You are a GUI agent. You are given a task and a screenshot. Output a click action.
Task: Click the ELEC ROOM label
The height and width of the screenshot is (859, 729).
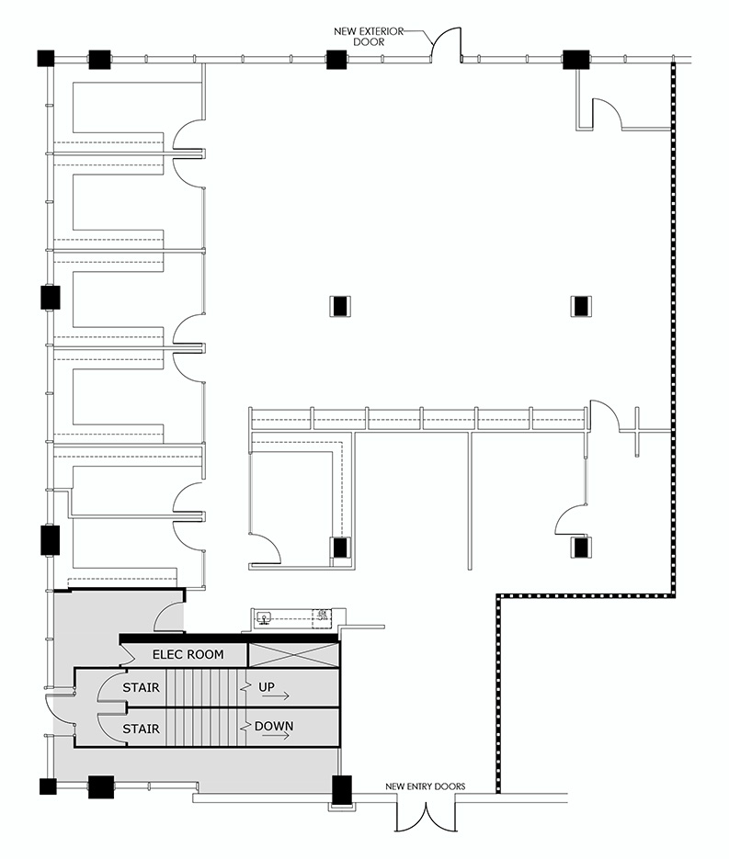pos(188,654)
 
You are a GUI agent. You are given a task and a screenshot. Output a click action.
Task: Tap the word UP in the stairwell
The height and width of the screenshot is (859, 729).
pos(267,686)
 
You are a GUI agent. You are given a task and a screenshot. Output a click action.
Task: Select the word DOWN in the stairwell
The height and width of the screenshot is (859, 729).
pos(274,727)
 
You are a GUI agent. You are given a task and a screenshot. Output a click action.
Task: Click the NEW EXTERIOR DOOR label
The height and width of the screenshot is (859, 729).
pos(368,36)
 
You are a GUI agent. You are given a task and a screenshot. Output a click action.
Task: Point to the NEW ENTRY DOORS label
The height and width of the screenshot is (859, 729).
pos(426,786)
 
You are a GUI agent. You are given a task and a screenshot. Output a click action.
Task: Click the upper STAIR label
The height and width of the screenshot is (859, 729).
pos(141,687)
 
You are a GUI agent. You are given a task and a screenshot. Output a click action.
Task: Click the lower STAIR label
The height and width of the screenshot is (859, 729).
pos(141,729)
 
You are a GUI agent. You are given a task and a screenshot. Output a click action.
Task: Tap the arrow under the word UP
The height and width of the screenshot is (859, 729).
pos(276,696)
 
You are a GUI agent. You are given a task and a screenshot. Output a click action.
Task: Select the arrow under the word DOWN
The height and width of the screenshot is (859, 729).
pos(276,736)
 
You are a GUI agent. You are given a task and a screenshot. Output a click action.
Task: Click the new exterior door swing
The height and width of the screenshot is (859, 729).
pos(446,43)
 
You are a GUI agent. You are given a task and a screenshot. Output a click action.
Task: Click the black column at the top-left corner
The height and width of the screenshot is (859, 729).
pos(46,58)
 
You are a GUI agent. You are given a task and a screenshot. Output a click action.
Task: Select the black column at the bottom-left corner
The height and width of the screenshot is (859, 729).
pos(48,786)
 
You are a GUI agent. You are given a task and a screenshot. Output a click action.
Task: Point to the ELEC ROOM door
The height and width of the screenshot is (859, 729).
pos(128,652)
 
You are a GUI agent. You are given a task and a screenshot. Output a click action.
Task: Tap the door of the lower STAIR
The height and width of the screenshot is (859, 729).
pos(112,729)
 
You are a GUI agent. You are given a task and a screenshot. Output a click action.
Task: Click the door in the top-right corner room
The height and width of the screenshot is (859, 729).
pos(606,114)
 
